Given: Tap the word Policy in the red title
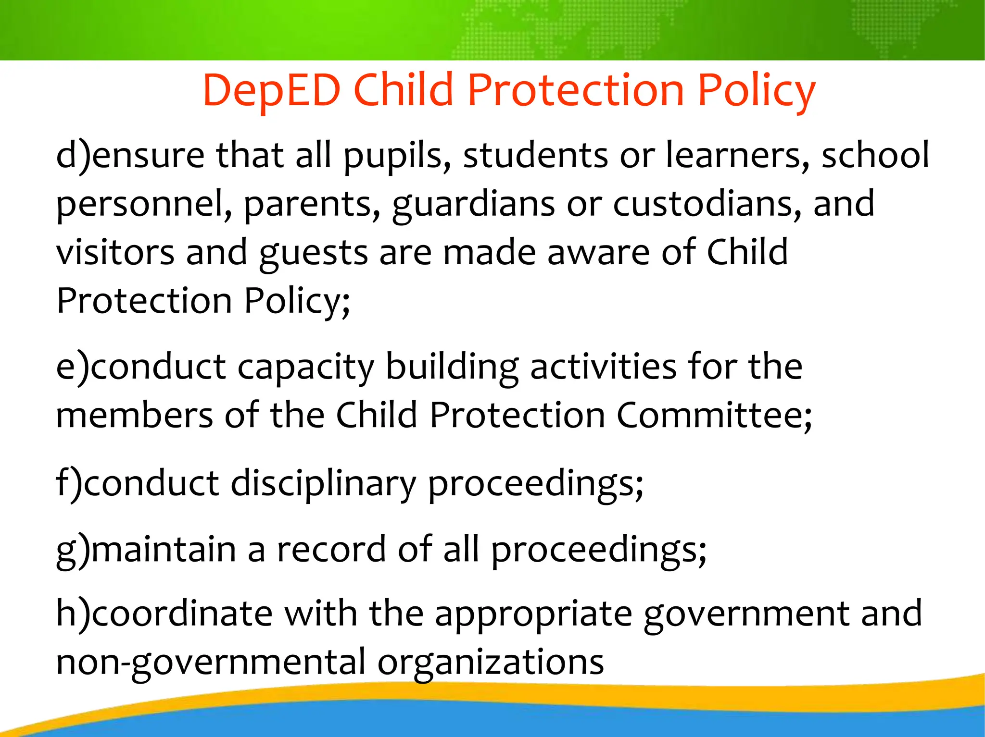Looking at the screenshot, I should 756,91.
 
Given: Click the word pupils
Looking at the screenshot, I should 397,157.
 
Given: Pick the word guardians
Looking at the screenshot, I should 473,204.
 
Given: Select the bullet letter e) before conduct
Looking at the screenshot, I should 73,367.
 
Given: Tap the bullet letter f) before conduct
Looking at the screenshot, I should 69,483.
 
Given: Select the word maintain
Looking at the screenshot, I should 164,549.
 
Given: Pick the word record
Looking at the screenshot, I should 331,549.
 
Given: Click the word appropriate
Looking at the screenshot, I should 533,614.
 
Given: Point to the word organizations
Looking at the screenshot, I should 490,663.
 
